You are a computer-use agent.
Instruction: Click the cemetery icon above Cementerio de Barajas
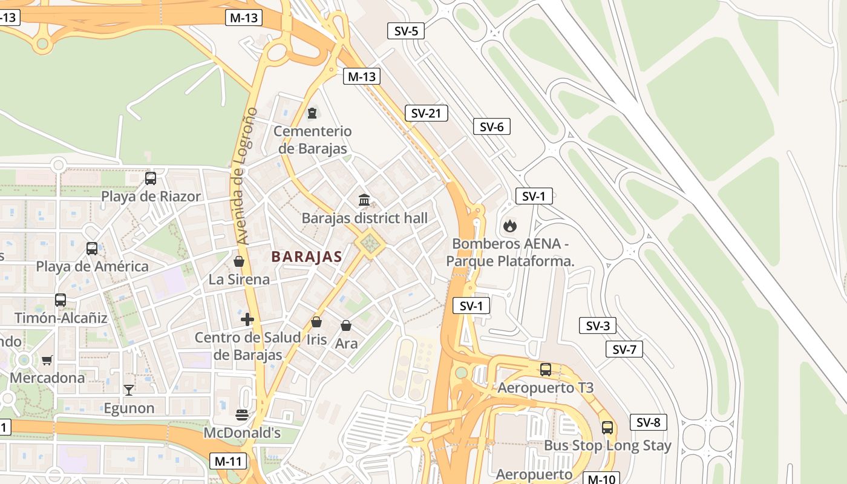coord(312,113)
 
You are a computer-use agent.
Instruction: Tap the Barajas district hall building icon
coord(364,200)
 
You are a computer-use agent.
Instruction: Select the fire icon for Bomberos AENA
coord(510,226)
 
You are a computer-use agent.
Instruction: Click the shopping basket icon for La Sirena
coord(239,261)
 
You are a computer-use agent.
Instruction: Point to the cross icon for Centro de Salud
coord(247,319)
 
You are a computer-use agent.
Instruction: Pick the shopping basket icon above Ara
coord(346,325)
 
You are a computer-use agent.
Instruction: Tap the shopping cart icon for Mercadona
coord(47,360)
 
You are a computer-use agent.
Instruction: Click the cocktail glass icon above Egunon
coord(128,390)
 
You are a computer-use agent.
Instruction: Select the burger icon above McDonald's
coord(242,415)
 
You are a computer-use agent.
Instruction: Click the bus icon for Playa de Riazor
coord(151,178)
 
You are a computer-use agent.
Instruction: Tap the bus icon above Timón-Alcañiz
coord(60,299)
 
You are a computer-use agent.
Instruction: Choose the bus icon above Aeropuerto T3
coord(546,370)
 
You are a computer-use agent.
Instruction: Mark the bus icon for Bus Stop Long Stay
coord(607,428)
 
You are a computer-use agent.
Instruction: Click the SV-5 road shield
coord(406,31)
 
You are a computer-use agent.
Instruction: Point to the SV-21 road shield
coord(426,113)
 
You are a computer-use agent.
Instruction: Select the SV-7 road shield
coord(624,349)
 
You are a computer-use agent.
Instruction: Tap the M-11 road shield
coord(229,461)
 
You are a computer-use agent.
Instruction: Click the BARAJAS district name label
coord(307,257)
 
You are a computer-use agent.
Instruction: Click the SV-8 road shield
coord(648,422)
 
